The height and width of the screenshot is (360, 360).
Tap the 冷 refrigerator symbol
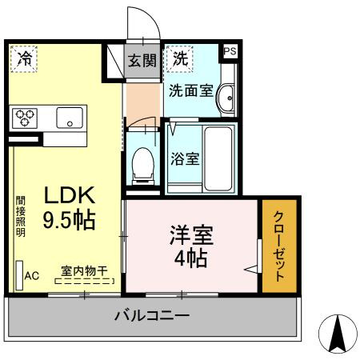pos(26,58)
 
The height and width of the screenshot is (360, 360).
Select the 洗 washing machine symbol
pos(182,58)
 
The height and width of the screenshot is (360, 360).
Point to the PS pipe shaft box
pos(230,51)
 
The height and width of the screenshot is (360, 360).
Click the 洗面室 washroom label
pos(190,90)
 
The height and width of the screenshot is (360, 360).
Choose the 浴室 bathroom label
pos(186,158)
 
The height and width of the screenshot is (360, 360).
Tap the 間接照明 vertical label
pos(20,217)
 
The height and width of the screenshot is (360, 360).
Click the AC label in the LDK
pos(31,276)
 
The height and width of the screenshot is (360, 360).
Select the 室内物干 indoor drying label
pos(84,271)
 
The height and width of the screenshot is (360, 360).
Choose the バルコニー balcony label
pos(151,316)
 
